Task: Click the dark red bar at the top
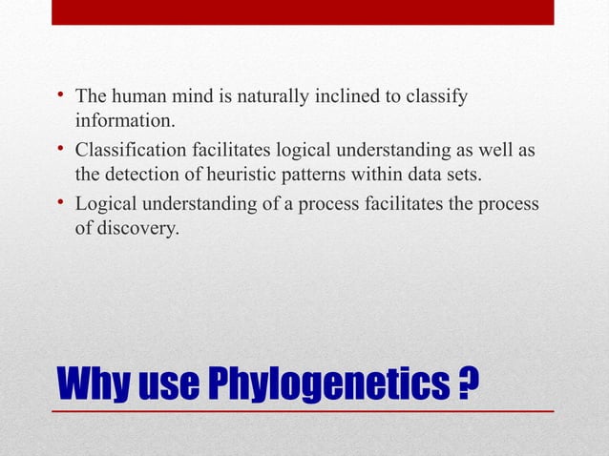(303, 11)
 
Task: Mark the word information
(126, 122)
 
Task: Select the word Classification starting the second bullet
(129, 152)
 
